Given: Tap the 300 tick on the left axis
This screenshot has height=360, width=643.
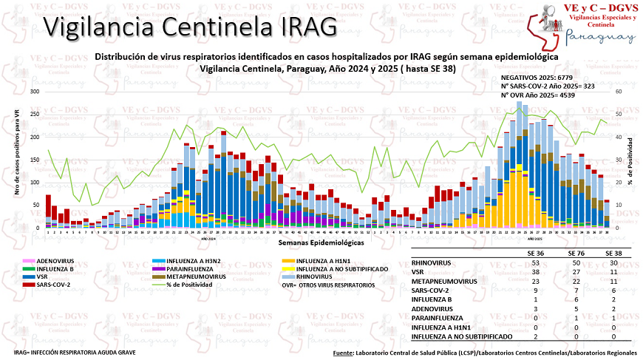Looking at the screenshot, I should tap(34, 92).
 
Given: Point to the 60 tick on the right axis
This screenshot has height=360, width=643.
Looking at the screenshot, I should tap(619, 92).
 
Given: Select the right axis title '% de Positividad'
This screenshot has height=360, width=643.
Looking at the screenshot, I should tap(630, 160).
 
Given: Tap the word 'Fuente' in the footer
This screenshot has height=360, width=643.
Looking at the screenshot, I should tap(343, 354).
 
